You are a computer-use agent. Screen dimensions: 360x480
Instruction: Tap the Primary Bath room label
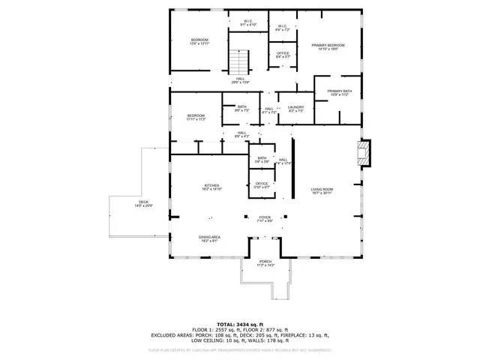(x=339, y=93)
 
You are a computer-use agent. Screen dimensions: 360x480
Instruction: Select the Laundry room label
(x=296, y=109)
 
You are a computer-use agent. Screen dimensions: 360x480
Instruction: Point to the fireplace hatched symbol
(x=363, y=153)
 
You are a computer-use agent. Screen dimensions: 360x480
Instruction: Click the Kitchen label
(x=211, y=187)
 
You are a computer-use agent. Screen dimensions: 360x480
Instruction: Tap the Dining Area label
(x=209, y=238)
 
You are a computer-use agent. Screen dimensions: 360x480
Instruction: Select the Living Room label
(x=322, y=190)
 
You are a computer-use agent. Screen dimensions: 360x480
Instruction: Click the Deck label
(x=142, y=203)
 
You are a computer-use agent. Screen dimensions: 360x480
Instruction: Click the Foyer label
(x=265, y=219)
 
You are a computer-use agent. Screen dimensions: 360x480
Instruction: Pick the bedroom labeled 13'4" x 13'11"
(x=199, y=41)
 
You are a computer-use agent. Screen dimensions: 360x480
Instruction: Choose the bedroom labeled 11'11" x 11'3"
(x=196, y=117)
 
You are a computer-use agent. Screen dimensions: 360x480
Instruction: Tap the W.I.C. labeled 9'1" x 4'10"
(x=248, y=22)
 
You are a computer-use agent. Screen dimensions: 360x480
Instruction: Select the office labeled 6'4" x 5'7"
(x=283, y=55)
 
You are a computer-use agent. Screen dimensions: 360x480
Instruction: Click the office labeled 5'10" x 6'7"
(x=262, y=185)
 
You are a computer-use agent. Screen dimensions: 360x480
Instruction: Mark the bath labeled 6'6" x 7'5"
(x=242, y=109)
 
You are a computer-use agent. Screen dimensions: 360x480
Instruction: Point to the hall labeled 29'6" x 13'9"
(x=240, y=80)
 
